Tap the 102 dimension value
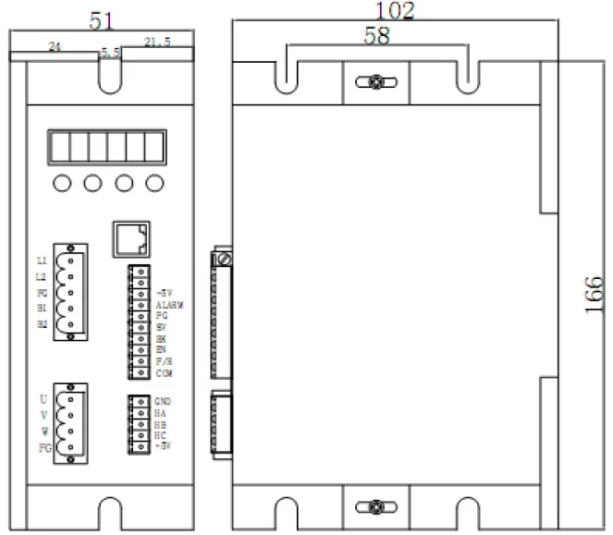click(x=395, y=11)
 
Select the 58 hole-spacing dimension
click(x=377, y=37)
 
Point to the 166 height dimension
click(x=595, y=295)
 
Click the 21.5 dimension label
click(x=158, y=42)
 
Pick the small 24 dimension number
click(x=55, y=45)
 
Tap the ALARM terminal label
click(x=172, y=303)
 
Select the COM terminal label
click(x=165, y=372)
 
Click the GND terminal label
click(x=165, y=402)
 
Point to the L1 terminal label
click(x=41, y=261)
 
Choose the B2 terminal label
click(x=42, y=324)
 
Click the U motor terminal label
click(x=43, y=399)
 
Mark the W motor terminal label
click(x=43, y=432)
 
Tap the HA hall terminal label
click(x=162, y=413)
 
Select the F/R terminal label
click(x=164, y=361)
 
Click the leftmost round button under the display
click(x=62, y=183)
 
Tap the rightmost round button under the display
click(x=153, y=183)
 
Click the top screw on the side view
click(x=375, y=82)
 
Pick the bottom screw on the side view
click(x=375, y=506)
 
